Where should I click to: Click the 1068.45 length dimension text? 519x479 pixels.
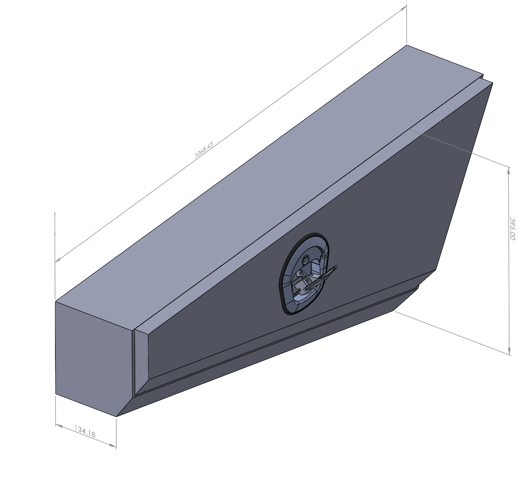(204, 150)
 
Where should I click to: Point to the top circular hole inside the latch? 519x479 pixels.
(306, 261)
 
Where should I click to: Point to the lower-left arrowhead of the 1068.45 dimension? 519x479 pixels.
(58, 259)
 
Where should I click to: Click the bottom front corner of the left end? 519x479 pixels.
(116, 416)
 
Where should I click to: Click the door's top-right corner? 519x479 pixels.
(493, 83)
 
